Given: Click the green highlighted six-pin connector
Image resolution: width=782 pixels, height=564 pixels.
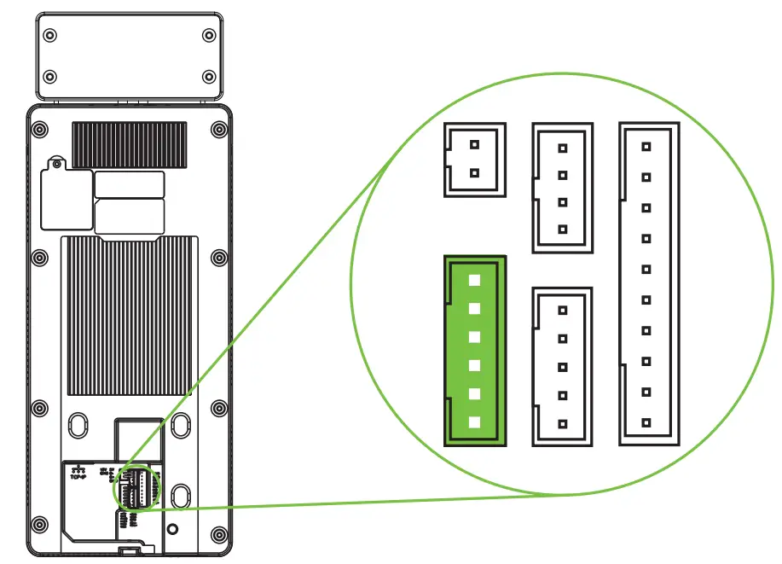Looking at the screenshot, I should click(x=475, y=351).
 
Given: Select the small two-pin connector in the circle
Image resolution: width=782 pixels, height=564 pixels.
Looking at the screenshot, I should click(x=475, y=160).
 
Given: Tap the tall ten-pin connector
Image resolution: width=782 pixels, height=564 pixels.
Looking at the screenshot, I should click(x=648, y=283).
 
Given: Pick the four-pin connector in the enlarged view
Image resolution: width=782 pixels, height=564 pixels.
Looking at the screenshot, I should click(x=562, y=188).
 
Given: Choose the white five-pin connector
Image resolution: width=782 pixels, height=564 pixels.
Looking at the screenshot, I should click(x=562, y=367).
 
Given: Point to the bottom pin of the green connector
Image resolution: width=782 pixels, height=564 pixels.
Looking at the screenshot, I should click(x=475, y=422).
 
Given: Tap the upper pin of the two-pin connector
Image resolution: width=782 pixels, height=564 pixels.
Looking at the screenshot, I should click(x=475, y=145).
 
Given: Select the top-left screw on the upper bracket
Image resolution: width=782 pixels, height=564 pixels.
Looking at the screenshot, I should click(x=50, y=36).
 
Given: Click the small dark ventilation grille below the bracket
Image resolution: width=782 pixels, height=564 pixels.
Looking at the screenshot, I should click(x=129, y=142).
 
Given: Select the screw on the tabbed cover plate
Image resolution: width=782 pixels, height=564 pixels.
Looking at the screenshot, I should click(x=55, y=162).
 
